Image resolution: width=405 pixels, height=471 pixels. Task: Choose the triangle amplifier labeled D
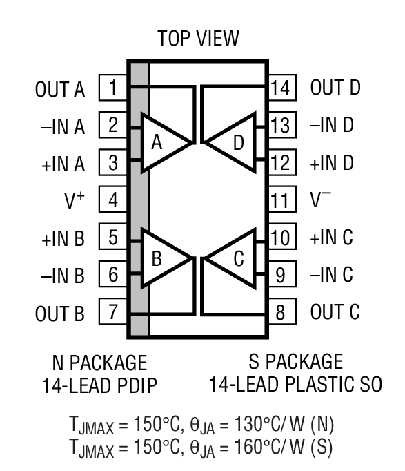pyautogui.click(x=233, y=143)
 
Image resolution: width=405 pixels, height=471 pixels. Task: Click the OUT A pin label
pyautogui.click(x=60, y=89)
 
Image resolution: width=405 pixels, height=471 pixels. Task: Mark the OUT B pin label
pyautogui.click(x=60, y=314)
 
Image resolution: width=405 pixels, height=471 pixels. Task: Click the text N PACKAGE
pyautogui.click(x=99, y=362)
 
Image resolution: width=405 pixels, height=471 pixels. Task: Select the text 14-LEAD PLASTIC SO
pyautogui.click(x=295, y=385)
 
